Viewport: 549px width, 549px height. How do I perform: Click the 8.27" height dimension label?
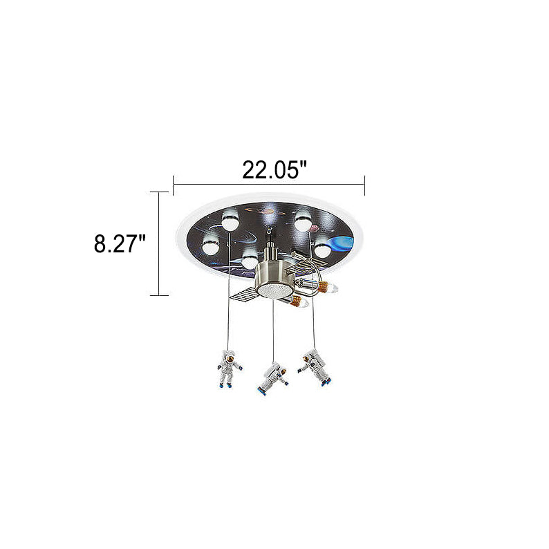click(119, 243)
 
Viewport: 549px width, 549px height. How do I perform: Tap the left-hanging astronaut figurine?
click(230, 369)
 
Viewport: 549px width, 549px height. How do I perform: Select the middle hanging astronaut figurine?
click(273, 378)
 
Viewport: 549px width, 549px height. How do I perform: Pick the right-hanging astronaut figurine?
click(315, 369)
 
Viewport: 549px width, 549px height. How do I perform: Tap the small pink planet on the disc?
click(314, 228)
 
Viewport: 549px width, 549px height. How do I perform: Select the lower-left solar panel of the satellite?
click(243, 297)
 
